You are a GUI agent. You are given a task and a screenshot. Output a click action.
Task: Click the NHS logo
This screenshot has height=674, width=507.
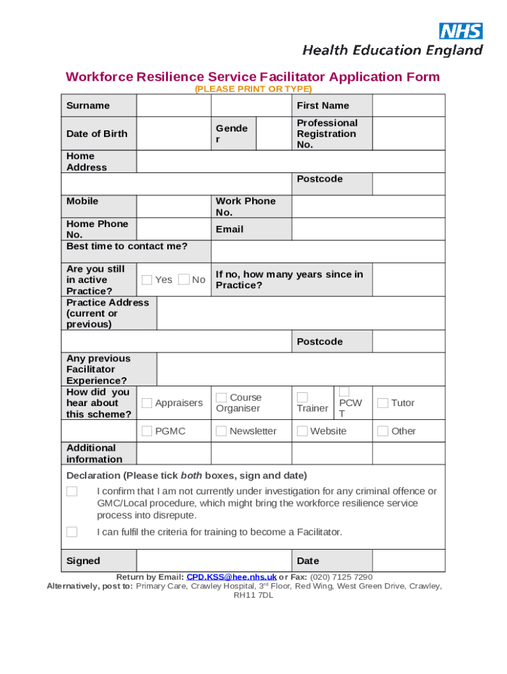[x=461, y=31]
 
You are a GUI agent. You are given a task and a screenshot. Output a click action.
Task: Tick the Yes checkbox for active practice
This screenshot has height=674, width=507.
[x=147, y=280]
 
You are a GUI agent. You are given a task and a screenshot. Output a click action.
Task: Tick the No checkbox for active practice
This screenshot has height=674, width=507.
[x=184, y=280]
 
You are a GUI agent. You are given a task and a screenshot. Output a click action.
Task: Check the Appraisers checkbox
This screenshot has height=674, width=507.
[x=147, y=403]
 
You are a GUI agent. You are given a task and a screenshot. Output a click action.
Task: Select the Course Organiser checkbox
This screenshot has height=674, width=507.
[x=221, y=398]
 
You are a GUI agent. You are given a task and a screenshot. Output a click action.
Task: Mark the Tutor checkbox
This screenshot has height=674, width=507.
[x=382, y=403]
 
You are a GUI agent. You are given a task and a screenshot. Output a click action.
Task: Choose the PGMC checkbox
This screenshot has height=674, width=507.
[x=147, y=431]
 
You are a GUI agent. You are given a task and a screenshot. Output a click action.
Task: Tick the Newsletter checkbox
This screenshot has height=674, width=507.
[x=221, y=431]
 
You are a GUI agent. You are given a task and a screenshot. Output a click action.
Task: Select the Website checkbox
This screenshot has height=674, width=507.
[x=302, y=431]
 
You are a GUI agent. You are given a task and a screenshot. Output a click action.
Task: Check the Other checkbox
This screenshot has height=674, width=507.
[x=382, y=431]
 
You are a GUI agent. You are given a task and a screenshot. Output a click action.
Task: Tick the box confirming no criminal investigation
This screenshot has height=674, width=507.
[x=72, y=492]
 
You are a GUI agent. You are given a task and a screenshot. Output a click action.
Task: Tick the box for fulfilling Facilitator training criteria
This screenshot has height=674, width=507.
[x=72, y=532]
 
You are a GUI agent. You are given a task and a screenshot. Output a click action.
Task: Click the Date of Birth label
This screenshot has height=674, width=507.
[x=97, y=134]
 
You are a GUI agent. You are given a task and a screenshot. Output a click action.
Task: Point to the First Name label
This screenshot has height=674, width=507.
[x=323, y=105]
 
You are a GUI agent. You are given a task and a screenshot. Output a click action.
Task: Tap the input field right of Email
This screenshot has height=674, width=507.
[x=367, y=229]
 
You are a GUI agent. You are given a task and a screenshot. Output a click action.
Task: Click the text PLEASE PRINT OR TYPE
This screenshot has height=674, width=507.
[x=253, y=89]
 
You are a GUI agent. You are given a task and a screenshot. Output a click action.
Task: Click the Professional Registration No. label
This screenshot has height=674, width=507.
[x=327, y=134]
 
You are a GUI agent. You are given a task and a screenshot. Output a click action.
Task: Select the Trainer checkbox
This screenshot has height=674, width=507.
[x=302, y=398]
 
